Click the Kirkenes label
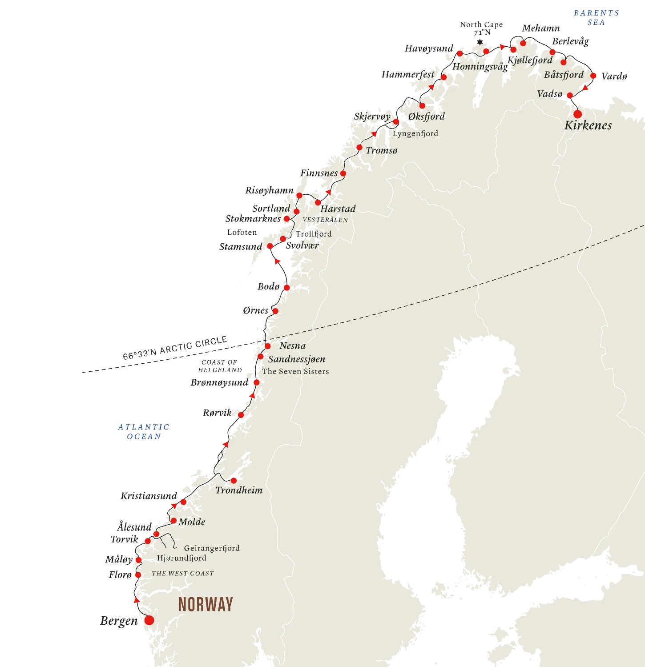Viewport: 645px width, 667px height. tap(588, 125)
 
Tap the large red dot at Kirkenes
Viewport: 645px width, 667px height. tap(577, 114)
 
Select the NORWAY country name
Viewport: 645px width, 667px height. tap(206, 604)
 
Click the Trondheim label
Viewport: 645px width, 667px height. tap(239, 490)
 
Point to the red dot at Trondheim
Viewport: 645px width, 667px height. tap(234, 480)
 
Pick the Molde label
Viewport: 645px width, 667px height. tap(192, 522)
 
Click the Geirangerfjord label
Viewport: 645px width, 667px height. tap(212, 548)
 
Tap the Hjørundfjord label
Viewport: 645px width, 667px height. tap(181, 558)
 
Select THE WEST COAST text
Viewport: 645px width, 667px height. tap(183, 574)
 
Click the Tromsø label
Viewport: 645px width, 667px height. tap(382, 151)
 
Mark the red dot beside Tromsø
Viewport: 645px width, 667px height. tap(359, 148)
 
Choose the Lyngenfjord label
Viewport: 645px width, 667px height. tap(415, 133)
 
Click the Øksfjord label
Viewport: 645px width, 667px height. tap(427, 117)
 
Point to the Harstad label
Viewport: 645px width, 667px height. tap(338, 209)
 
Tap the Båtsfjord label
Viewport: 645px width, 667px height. tap(564, 75)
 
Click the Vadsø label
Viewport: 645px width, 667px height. tap(550, 94)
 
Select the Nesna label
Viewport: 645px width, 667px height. tap(292, 346)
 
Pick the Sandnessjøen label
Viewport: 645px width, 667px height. tap(296, 359)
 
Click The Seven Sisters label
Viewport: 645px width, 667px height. tap(295, 371)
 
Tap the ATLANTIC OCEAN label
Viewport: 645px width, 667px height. tap(144, 432)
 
